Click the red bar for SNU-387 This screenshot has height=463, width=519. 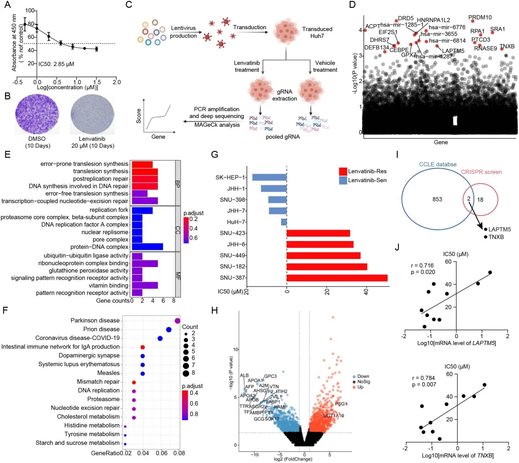tap(336, 278)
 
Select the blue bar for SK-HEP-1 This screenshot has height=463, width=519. tap(269, 177)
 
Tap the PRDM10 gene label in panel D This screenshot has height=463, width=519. tap(480, 17)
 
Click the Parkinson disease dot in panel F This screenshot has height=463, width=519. tap(178, 321)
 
